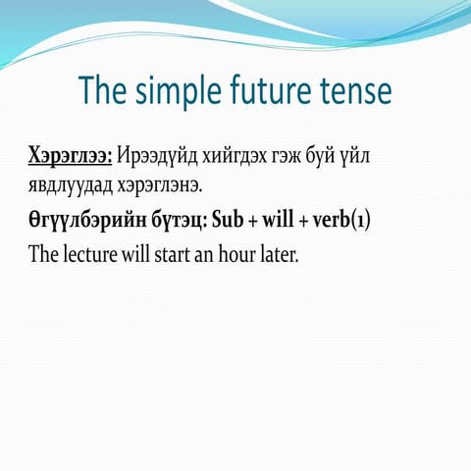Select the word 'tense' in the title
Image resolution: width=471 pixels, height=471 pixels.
point(357,91)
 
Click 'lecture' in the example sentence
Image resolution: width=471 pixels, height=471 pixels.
point(92,252)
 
